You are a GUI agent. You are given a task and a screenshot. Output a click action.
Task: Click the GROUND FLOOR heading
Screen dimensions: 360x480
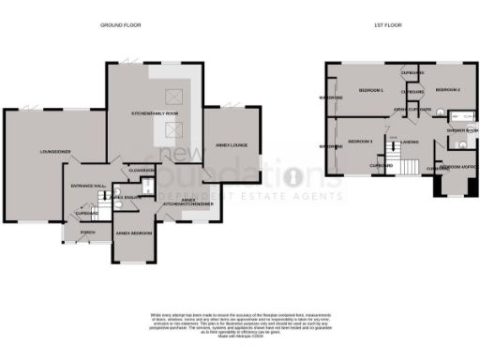coord(120,26)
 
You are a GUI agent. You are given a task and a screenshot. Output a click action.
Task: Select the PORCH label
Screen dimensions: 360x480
coord(88,232)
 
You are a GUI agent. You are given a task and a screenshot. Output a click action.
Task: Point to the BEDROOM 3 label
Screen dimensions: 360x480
coord(360,140)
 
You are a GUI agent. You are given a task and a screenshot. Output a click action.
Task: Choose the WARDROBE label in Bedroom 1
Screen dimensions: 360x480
coord(330,97)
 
